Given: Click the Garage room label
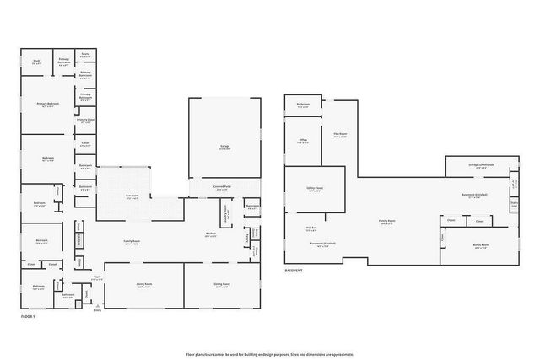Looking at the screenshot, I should click(225, 147).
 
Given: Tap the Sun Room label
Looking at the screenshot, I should click(132, 195).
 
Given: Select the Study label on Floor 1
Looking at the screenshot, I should click(37, 61).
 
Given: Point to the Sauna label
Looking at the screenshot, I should click(86, 53).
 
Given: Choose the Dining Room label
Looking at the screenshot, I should click(222, 284).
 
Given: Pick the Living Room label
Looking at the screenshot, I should click(144, 284).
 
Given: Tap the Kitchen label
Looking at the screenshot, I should click(211, 234).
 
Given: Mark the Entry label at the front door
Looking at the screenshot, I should click(98, 309).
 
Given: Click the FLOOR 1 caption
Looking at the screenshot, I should click(29, 317).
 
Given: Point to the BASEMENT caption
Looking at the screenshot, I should click(294, 271).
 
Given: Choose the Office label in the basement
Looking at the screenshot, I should click(303, 141).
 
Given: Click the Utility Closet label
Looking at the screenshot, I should click(315, 190).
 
